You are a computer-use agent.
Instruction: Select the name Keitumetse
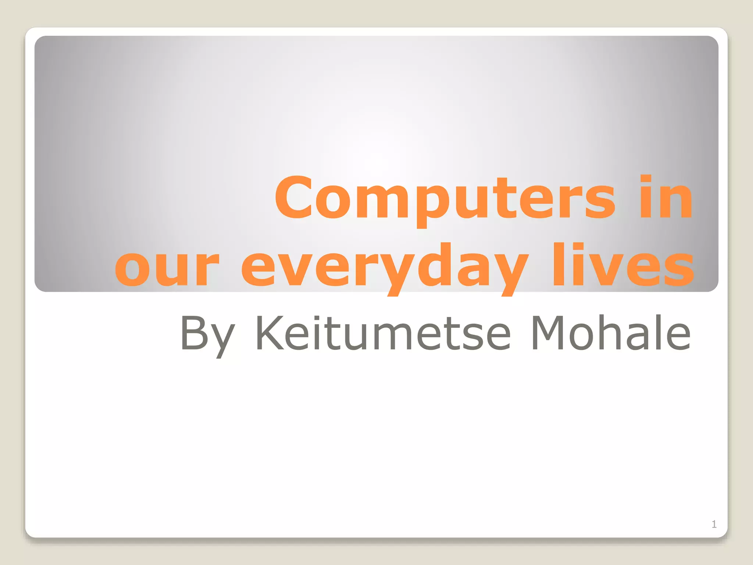(382, 333)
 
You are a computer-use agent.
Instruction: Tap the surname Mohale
(610, 333)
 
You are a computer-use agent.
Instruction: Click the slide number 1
(714, 524)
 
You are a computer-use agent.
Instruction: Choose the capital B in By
(193, 333)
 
